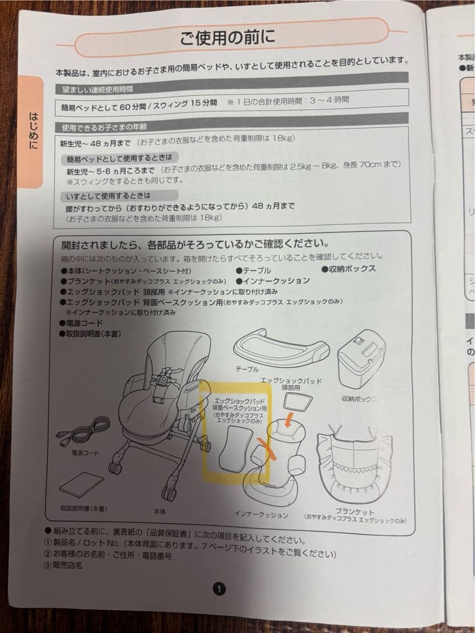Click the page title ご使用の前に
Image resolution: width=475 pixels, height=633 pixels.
click(x=227, y=39)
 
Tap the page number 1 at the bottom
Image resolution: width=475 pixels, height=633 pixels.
click(x=218, y=588)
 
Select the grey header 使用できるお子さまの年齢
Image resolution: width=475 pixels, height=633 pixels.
click(x=105, y=127)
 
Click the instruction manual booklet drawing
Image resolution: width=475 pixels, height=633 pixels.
click(x=84, y=485)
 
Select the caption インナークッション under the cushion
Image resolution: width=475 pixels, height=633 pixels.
click(x=261, y=515)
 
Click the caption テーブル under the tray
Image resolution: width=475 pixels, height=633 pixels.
click(x=247, y=370)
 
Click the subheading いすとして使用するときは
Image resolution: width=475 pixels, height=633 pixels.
click(x=109, y=195)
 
